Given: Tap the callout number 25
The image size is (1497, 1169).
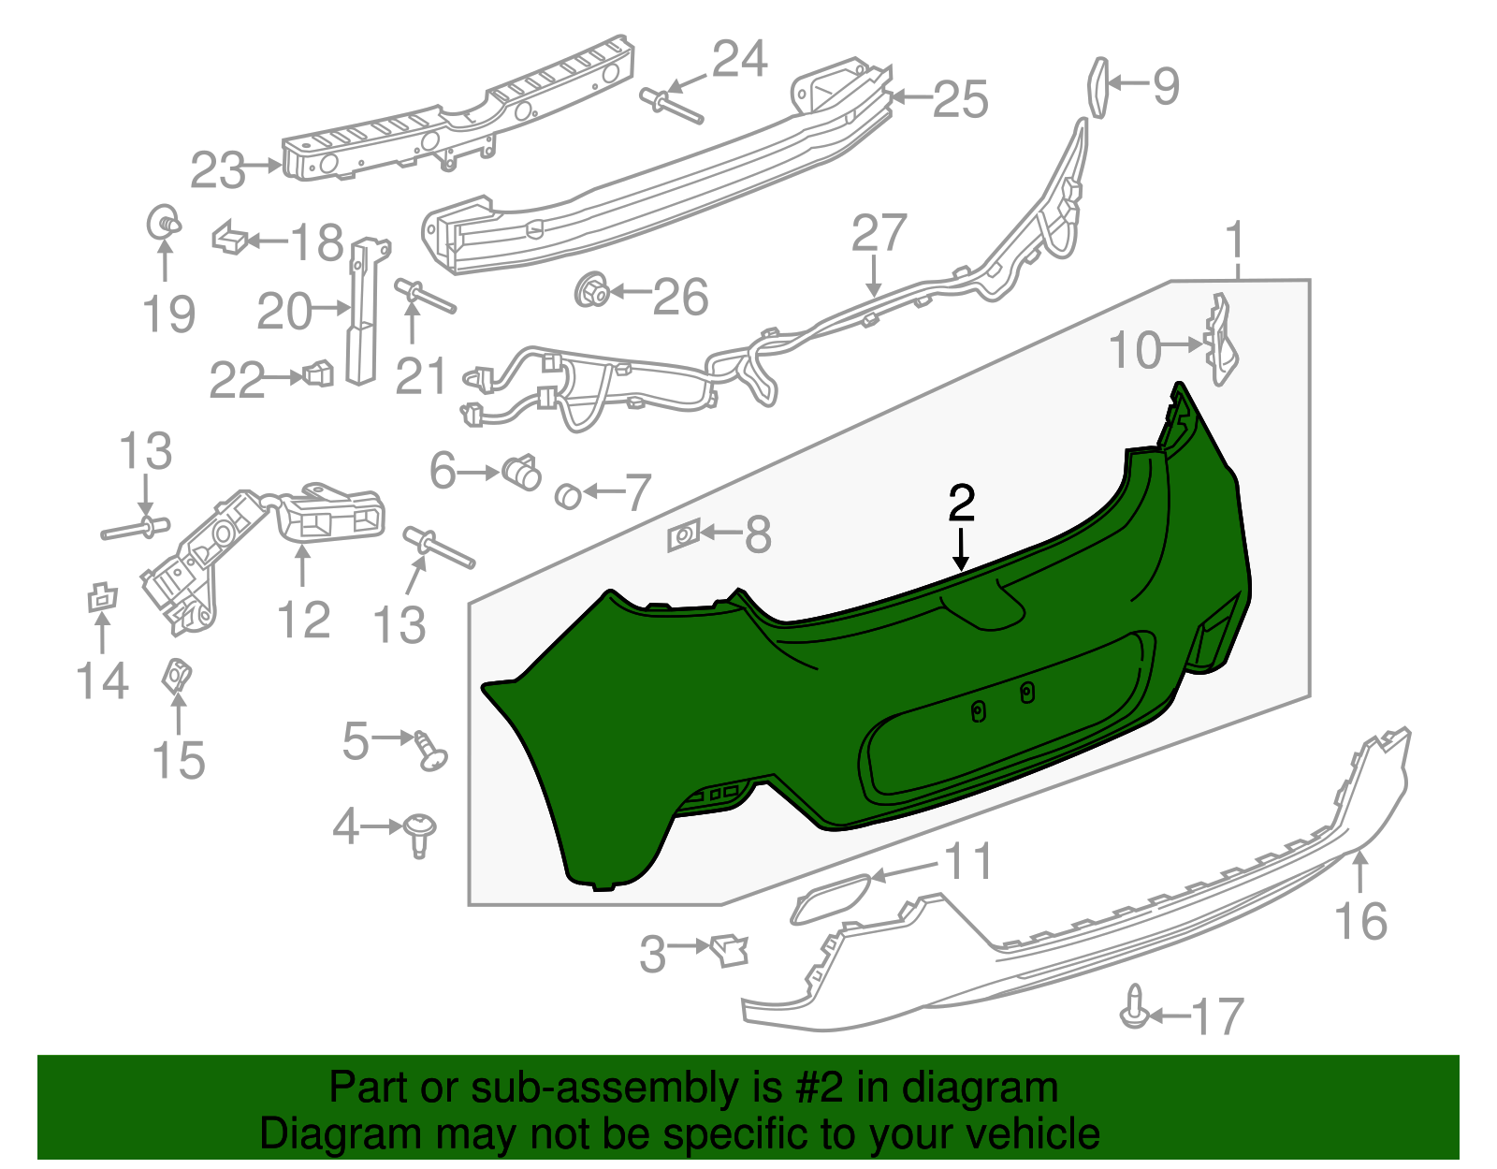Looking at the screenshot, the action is pyautogui.click(x=960, y=99).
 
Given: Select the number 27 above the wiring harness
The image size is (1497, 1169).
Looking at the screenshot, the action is pyautogui.click(x=879, y=233).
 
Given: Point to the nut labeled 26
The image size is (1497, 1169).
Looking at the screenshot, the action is pyautogui.click(x=591, y=291).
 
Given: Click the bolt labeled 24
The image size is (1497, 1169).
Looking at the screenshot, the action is pyautogui.click(x=671, y=106).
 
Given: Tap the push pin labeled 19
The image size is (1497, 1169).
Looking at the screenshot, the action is pyautogui.click(x=165, y=222).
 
